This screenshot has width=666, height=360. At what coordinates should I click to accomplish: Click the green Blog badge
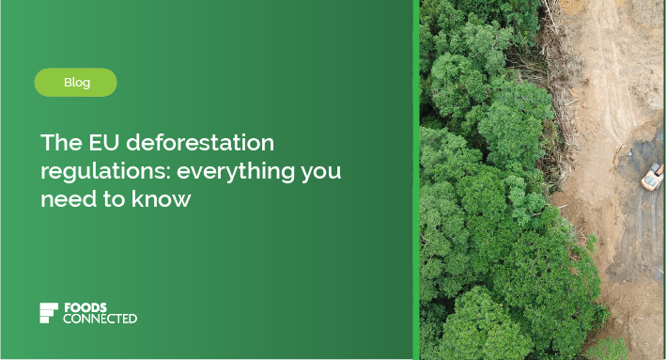76,83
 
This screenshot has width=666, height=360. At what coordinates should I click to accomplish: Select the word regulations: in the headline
104,172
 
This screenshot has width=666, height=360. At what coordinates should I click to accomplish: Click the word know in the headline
164,199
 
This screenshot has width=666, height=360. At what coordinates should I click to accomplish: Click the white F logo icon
49,313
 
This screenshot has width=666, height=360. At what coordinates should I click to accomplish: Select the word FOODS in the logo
85,307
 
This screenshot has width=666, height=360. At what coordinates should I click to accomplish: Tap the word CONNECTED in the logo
100,319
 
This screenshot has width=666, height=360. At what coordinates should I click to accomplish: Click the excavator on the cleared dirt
652,175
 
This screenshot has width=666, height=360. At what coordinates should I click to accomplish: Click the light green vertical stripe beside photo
416,180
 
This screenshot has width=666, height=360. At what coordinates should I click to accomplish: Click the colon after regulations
169,173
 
